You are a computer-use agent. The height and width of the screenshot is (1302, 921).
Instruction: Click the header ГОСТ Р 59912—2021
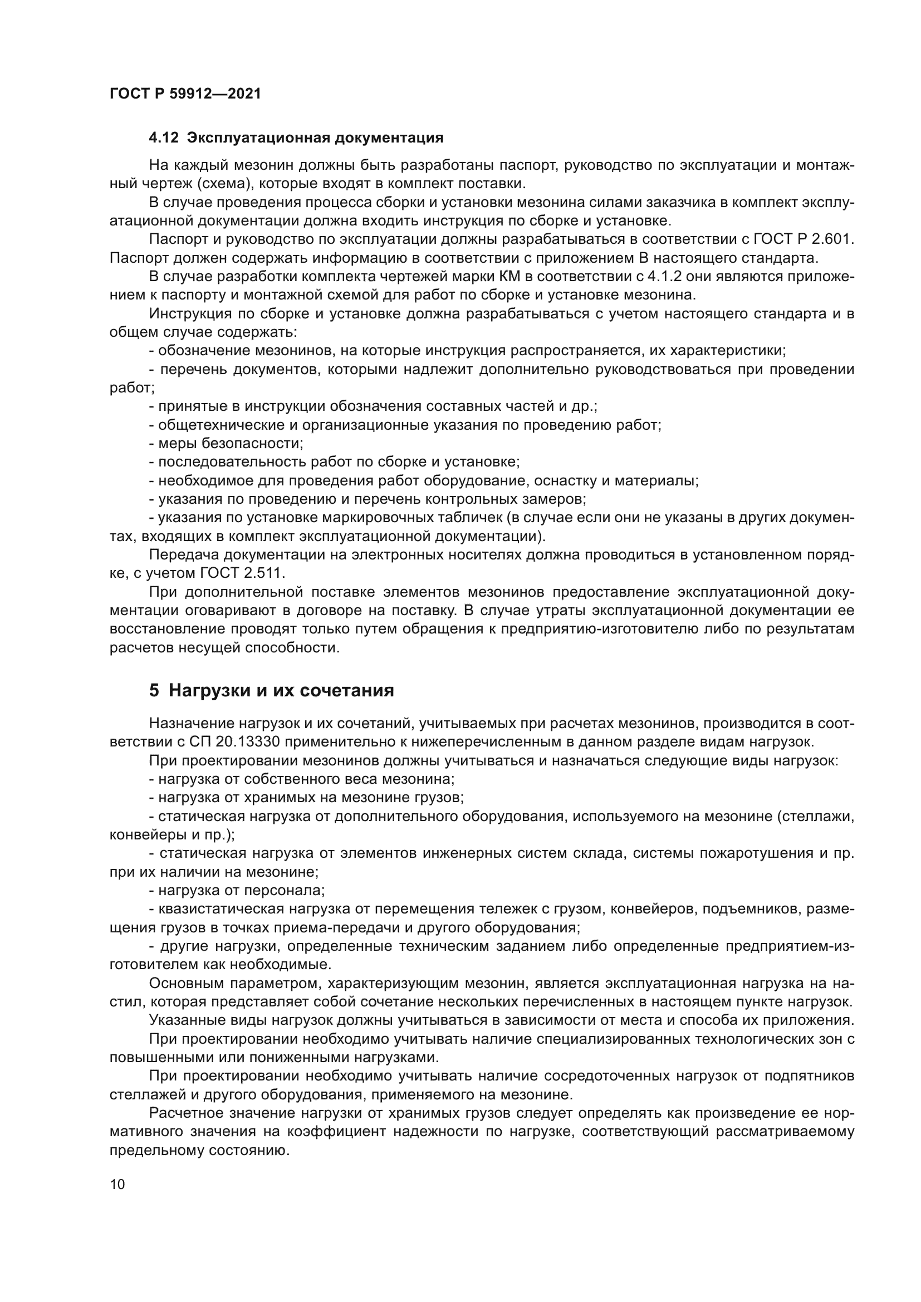[185, 94]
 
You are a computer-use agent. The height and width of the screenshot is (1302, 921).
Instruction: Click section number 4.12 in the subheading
[163, 138]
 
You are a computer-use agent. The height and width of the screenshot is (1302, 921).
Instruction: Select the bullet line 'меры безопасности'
[226, 444]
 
